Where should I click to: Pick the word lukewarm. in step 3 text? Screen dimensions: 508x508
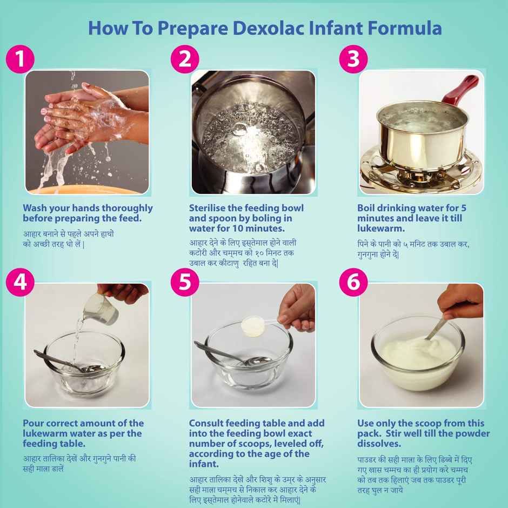click(x=380, y=229)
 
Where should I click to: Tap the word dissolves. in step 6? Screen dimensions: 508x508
click(x=379, y=444)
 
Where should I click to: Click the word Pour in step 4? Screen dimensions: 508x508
click(x=34, y=423)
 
